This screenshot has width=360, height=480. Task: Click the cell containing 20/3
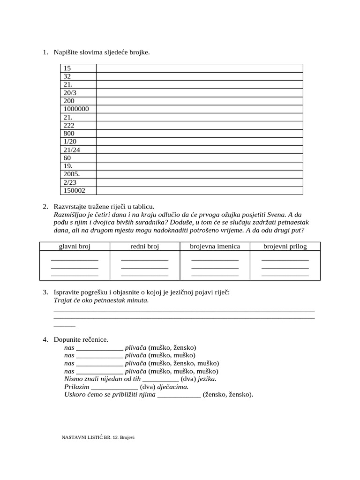[x=70, y=93]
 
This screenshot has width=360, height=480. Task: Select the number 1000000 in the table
[x=76, y=109]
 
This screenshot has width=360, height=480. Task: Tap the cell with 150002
[x=75, y=190]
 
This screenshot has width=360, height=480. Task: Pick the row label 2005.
[x=72, y=174]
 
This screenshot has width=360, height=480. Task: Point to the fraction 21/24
[x=72, y=150]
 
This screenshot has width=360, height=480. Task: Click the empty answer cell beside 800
[x=199, y=134]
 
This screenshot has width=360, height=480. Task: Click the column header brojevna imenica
[x=215, y=246]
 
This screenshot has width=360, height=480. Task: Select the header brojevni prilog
[x=285, y=246]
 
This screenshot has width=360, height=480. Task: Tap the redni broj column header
[x=144, y=246]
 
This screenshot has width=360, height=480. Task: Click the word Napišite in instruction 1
[x=67, y=52]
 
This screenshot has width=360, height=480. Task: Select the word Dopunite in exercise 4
[x=67, y=339]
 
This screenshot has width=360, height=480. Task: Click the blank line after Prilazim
[x=114, y=388]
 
